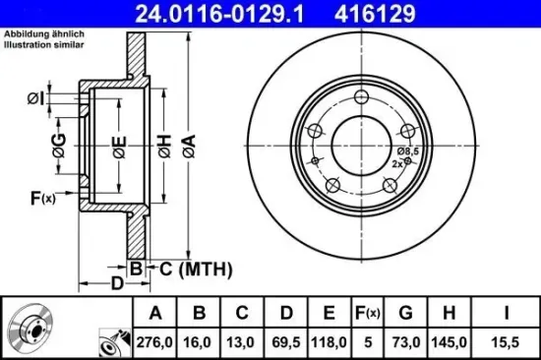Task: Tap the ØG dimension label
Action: click(60, 149)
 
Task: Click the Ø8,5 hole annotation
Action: click(408, 150)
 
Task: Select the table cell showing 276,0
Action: click(154, 342)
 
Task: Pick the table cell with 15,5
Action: click(506, 342)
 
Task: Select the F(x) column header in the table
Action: click(367, 314)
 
